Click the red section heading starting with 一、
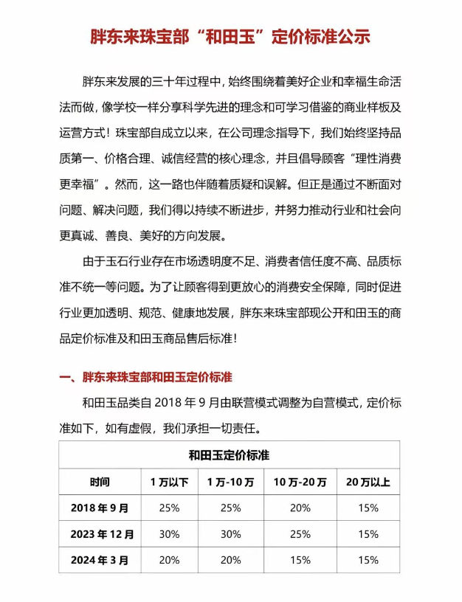pos(146,377)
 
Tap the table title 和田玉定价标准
pos(230,454)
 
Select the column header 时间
pos(100,482)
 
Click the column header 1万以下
pos(169,482)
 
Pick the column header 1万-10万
pos(230,482)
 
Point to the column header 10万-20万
pos(300,482)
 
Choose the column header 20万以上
pos(368,482)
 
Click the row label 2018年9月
pos(100,508)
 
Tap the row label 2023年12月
pos(100,533)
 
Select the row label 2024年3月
pos(100,560)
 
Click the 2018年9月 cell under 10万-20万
pos(300,508)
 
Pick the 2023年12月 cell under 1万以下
pos(169,533)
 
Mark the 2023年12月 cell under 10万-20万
pos(300,533)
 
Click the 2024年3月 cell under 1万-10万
pos(230,560)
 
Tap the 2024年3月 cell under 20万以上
pos(368,560)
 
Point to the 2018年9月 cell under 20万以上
pos(368,508)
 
